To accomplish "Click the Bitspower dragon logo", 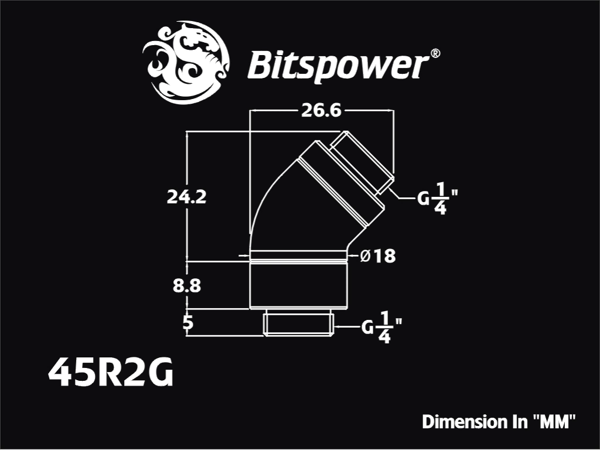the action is tap(186, 63).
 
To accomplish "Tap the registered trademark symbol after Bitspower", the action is tap(435, 53).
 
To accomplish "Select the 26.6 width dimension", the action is tap(321, 111).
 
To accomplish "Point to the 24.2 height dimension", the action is tap(186, 197).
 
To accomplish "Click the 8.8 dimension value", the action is tap(187, 285).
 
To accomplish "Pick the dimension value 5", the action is tap(188, 323).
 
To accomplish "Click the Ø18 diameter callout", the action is tap(378, 256).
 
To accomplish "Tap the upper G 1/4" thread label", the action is tap(437, 198).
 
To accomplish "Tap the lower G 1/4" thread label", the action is tap(381, 327).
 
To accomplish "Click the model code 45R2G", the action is tap(111, 372).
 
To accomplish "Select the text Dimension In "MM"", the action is tap(499, 422).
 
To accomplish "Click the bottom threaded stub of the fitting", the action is tap(298, 325).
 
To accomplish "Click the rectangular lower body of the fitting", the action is tap(298, 285).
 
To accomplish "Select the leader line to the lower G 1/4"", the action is tap(347, 327).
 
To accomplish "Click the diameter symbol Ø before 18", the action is tap(366, 256).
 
